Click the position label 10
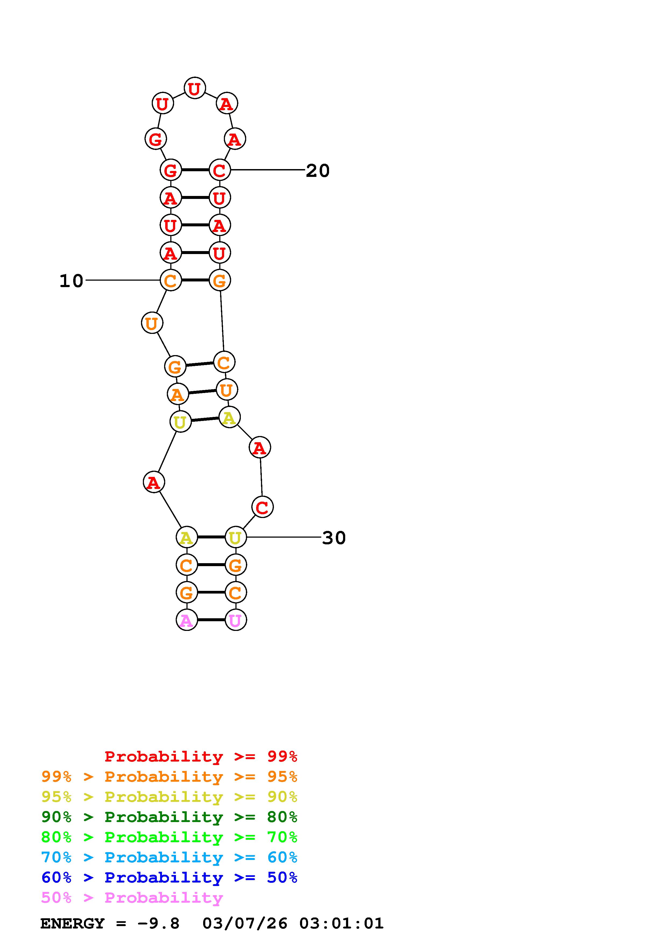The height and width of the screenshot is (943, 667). point(72,281)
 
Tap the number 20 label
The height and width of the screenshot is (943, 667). point(318,170)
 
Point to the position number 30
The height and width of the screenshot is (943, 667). point(334,538)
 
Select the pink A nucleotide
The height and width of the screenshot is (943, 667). point(186,620)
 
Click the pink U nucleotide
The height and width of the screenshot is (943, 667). point(235,620)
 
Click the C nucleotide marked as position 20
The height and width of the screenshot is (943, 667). point(220,170)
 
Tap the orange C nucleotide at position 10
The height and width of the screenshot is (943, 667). point(171,280)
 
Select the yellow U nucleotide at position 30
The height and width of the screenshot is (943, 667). point(235,537)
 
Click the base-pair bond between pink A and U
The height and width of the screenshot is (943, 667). point(211,620)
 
